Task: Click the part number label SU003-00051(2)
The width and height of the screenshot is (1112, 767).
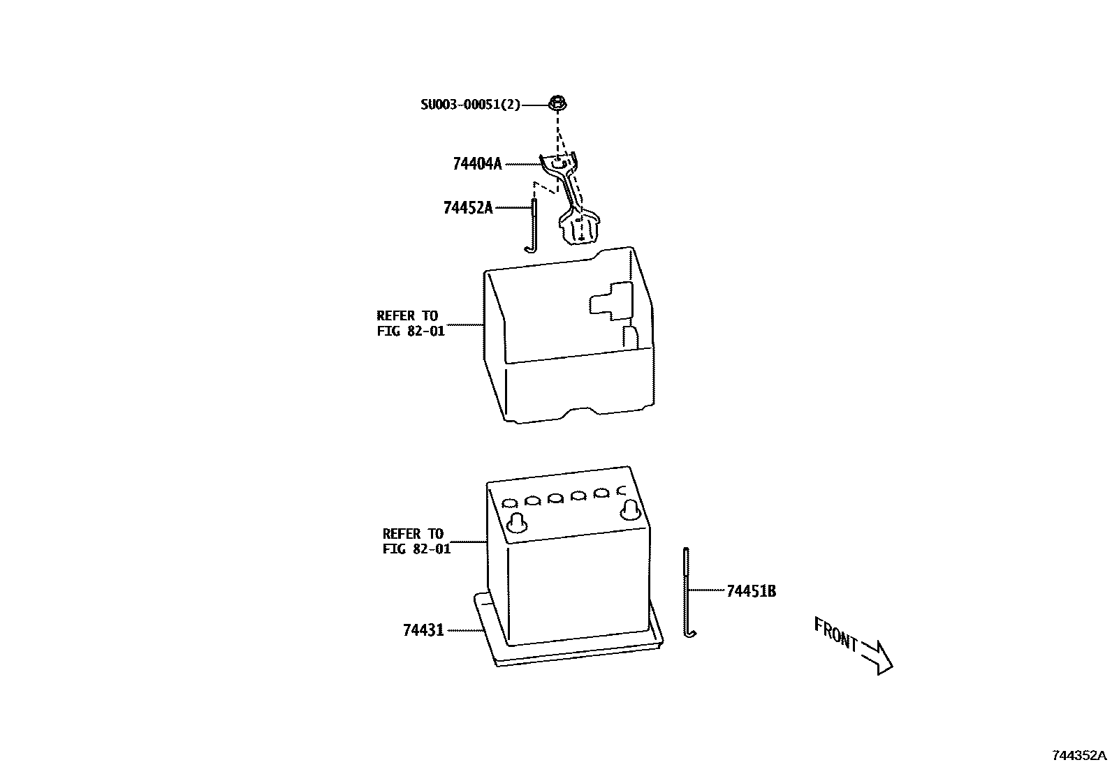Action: click(470, 105)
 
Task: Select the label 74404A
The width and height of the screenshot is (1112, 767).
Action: click(477, 164)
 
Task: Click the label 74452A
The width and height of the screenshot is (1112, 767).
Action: click(467, 207)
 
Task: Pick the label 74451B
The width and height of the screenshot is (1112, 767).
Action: click(751, 591)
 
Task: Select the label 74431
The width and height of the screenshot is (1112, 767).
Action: click(423, 630)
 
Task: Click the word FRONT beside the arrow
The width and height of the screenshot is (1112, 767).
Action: click(835, 633)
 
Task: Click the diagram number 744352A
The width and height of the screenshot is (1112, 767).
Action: click(1080, 755)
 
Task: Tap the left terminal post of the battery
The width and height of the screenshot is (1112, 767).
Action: click(518, 521)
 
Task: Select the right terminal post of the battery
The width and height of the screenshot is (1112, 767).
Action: click(630, 509)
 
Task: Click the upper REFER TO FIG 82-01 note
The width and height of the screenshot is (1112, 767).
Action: click(410, 323)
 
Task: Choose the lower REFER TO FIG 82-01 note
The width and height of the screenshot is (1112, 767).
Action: click(416, 542)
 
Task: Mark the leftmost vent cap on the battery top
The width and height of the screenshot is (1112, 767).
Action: click(509, 502)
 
